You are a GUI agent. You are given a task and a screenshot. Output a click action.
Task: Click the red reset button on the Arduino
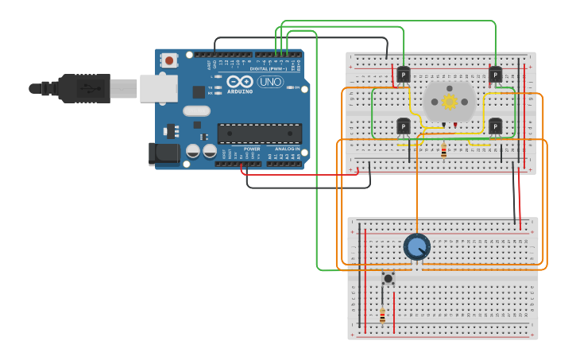pos(169,60)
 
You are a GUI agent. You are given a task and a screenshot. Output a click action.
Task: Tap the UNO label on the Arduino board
pos(270,82)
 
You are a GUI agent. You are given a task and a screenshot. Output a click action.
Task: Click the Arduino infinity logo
pos(239,81)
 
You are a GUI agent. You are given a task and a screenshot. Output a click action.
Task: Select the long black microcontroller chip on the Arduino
pos(259,134)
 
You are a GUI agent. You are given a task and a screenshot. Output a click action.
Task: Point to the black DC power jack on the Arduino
pos(162,153)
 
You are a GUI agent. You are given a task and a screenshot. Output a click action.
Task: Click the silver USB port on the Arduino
pos(158,88)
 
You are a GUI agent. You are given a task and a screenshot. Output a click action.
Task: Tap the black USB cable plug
pos(83,88)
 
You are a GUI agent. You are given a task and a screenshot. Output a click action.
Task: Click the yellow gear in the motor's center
pos(450,101)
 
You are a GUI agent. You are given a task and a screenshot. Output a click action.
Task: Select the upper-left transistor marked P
pos(404,75)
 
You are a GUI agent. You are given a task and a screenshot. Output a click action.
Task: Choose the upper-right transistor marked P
pos(495,75)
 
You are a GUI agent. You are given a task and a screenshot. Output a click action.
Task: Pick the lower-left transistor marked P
pos(404,126)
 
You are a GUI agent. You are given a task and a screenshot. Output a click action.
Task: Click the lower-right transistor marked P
pos(495,126)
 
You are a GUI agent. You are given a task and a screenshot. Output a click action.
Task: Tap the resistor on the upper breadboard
pos(443,149)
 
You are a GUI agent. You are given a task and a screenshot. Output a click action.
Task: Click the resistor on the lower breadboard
pos(382,315)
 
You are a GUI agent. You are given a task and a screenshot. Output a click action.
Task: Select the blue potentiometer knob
pos(416,247)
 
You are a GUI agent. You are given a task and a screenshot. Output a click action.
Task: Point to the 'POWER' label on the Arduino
pos(252,149)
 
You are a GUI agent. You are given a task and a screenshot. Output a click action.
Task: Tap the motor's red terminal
pos(456,125)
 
